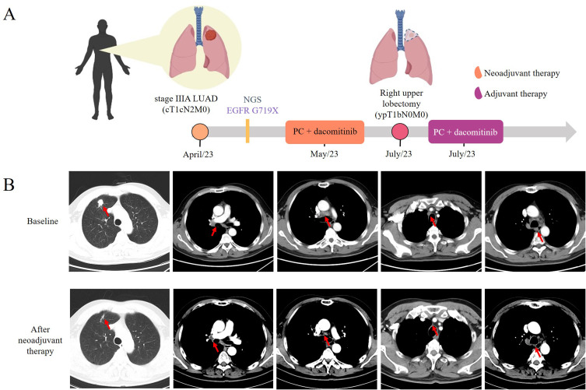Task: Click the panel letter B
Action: coord(10,188)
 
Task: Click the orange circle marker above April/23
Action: coord(199,132)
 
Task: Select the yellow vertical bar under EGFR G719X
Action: coord(247,132)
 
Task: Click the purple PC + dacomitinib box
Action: coord(465,132)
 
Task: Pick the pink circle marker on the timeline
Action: coord(400,132)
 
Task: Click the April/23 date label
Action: coord(199,154)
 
